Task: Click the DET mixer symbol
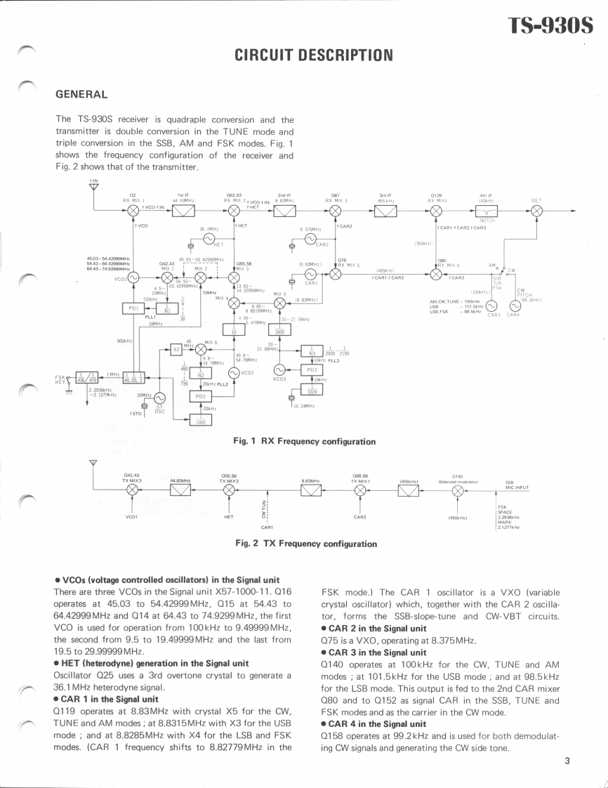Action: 541,209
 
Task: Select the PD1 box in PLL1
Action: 133,308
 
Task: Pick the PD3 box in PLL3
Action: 311,369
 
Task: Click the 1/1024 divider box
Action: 311,390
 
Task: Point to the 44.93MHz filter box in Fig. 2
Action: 180,490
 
